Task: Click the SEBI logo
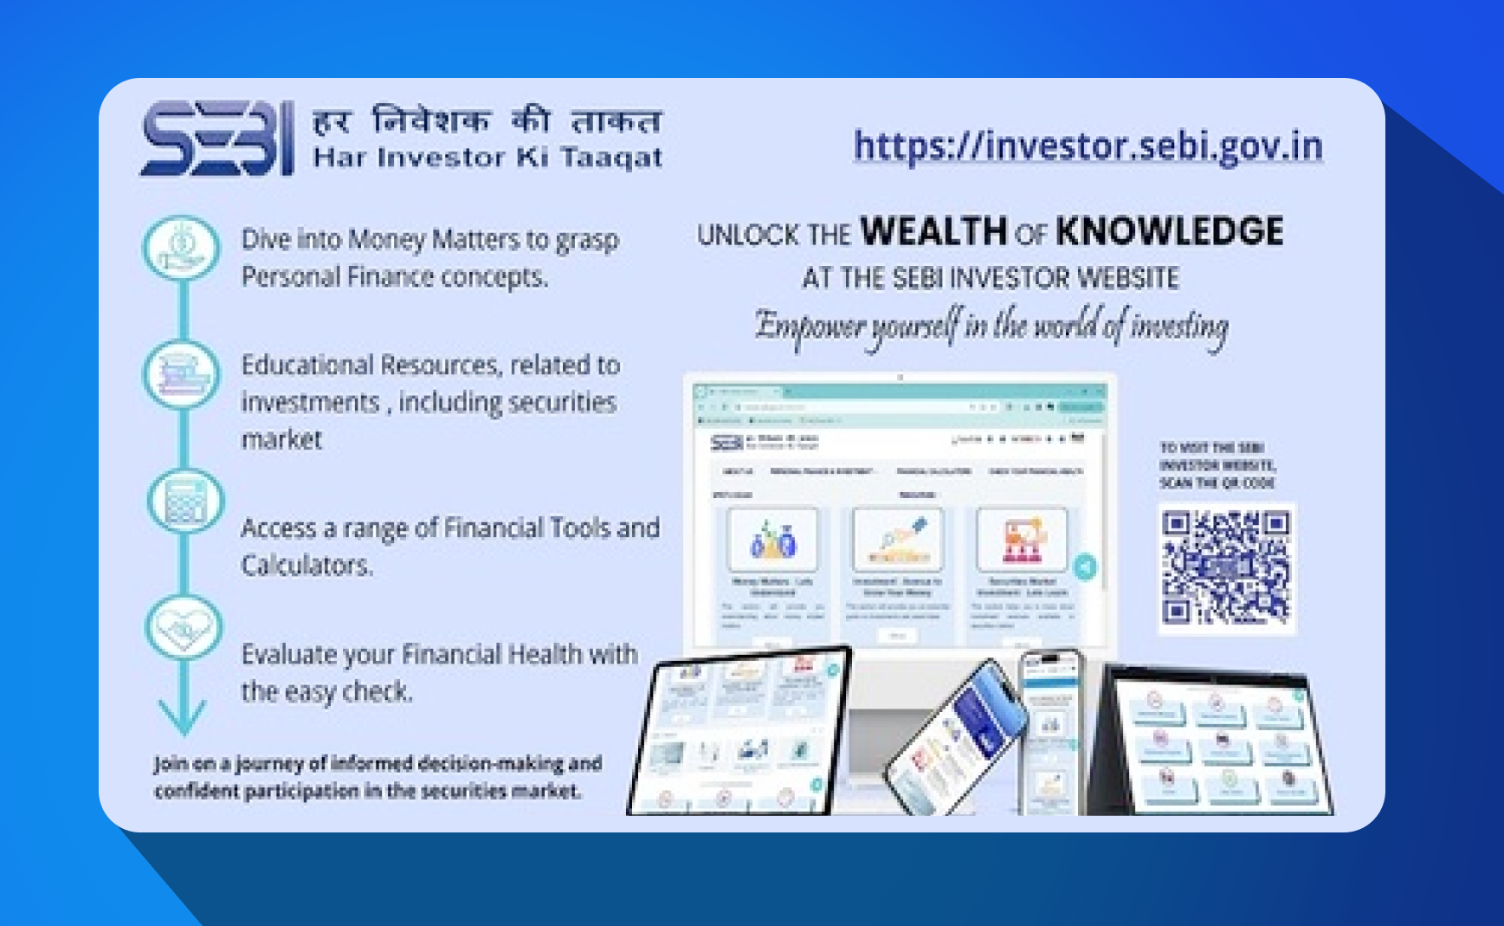coord(217,139)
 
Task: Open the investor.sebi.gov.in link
coord(1088,146)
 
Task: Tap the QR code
coord(1225,568)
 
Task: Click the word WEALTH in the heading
coord(933,231)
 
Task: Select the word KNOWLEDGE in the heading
coord(1169,231)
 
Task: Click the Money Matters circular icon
coord(182,248)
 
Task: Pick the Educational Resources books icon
coord(182,374)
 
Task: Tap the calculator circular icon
coord(184,501)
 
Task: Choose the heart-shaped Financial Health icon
coord(184,628)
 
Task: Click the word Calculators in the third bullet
coord(307,566)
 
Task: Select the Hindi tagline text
coord(487,120)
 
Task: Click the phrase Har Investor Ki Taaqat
coord(487,158)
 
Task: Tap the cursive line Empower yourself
coord(991,327)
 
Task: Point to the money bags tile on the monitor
coord(772,540)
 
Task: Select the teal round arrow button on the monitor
coord(1084,567)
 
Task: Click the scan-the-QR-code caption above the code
coord(1217,465)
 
